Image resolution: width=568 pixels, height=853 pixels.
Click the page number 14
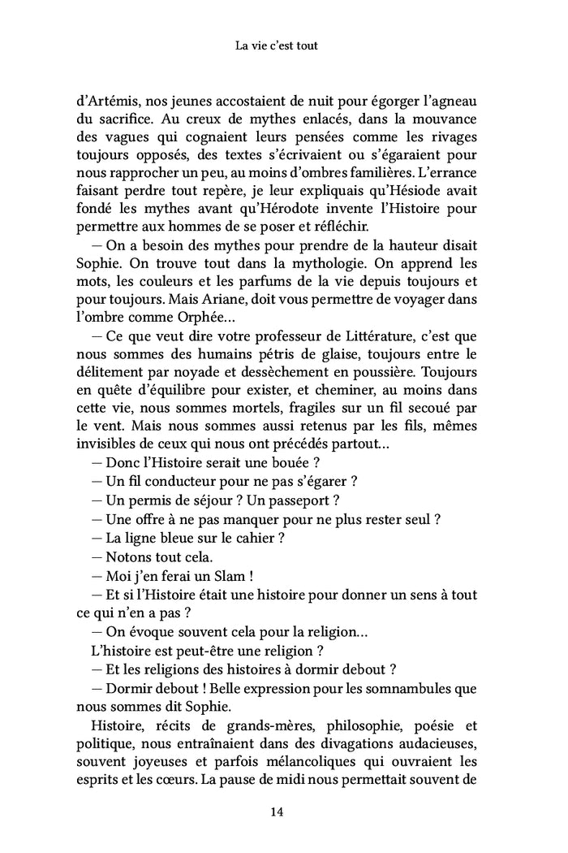tap(283, 811)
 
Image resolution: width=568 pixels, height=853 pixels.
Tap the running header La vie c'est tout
tap(283, 46)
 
